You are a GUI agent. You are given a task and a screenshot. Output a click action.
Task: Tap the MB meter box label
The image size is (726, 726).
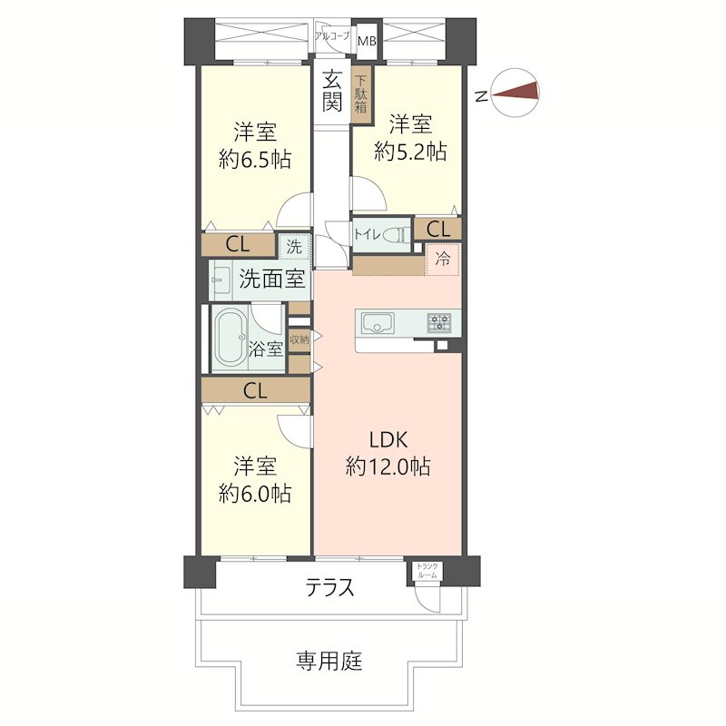pos(367,41)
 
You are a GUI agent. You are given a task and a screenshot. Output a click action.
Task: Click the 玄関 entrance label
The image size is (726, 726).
pos(333,91)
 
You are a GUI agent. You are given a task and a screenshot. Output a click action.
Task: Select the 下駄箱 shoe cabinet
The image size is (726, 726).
pos(361,93)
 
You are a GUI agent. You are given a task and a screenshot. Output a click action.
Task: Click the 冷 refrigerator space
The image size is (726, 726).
pos(443,259)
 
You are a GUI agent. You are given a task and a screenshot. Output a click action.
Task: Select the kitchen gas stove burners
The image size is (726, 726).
pos(440,322)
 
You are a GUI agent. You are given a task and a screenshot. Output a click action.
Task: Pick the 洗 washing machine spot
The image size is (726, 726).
pos(294,246)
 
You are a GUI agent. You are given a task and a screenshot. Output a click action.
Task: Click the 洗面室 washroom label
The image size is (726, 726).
pos(271,279)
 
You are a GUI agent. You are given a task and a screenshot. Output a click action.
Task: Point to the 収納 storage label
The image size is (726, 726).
pos(299,339)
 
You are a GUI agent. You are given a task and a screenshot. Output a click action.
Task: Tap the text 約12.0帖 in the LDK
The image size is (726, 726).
pos(388,467)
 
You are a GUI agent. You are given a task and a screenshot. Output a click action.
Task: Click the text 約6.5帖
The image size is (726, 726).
pos(254,160)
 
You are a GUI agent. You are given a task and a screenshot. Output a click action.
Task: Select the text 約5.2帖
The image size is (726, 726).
pos(410,152)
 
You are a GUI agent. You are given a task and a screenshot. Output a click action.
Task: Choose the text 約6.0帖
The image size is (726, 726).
pos(254,494)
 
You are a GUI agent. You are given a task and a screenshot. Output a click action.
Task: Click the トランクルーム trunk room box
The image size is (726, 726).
pos(427,572)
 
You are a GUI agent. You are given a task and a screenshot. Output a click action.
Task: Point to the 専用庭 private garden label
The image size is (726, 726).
pos(329,661)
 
